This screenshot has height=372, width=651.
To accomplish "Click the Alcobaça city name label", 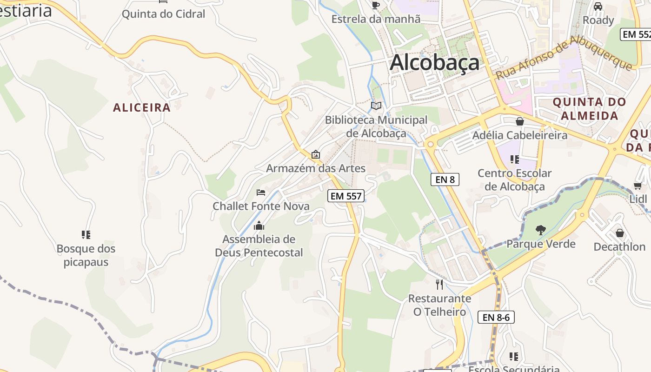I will pos(434,62).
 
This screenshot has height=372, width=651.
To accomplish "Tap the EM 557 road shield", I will pos(345,196).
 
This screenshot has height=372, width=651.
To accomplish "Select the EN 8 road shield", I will pos(445,179).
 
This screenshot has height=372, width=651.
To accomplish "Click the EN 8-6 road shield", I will pos(496,317).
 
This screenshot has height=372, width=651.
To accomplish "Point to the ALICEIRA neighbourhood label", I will pos(142,107).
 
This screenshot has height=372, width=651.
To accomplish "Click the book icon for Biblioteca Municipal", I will pos(376,106).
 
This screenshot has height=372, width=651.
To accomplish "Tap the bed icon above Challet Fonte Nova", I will pos(260,192).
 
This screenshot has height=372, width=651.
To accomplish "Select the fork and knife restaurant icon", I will pos(439,284).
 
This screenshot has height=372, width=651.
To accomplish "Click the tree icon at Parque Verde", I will pos(540,229).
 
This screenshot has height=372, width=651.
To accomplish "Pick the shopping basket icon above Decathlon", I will pos(619,232).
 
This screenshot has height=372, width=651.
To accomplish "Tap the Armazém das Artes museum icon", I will pos(316,154).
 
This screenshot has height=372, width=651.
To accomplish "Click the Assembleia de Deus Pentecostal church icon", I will pos(259,226).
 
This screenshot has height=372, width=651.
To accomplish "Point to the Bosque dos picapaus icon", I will pos(86,234).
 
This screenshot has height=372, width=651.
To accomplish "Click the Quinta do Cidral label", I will pos(163,14).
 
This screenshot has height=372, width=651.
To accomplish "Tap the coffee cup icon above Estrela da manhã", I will pos(376,5).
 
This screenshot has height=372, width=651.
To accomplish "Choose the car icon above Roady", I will pos(598,7).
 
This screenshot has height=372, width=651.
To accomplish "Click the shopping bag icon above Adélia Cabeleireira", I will pos(520,121).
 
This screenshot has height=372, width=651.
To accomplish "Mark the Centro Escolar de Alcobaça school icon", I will pos(514,159).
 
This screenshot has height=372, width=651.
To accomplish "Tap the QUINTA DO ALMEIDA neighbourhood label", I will pos(589,109).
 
